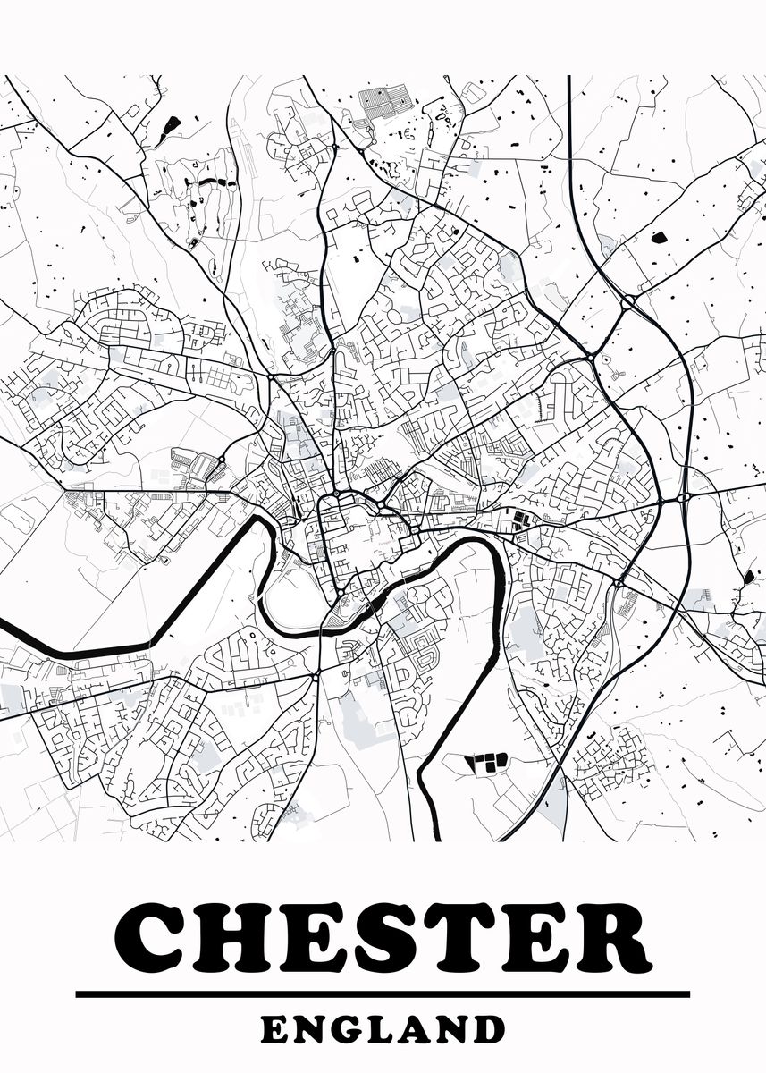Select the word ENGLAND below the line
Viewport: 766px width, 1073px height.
pyautogui.click(x=383, y=1029)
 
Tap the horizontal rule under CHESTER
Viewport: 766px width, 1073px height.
pyautogui.click(x=383, y=993)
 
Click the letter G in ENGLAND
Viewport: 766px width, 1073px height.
pyautogui.click(x=346, y=1029)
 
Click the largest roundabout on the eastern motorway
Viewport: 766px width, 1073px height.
pyautogui.click(x=627, y=302)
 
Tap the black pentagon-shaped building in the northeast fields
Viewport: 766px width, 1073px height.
pyautogui.click(x=660, y=238)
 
